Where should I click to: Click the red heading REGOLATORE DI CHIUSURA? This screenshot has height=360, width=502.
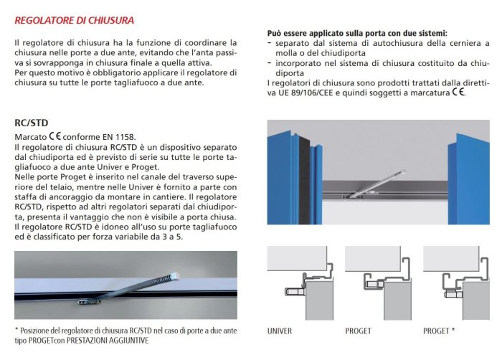(x=74, y=21)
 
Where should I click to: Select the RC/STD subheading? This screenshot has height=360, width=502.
(x=30, y=123)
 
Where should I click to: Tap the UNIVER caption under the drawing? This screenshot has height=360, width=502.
(x=280, y=331)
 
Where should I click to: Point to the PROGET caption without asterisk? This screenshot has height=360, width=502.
(x=359, y=331)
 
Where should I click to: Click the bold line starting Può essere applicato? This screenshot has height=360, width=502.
(x=357, y=34)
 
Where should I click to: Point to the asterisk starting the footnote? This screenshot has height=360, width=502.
(x=16, y=330)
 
